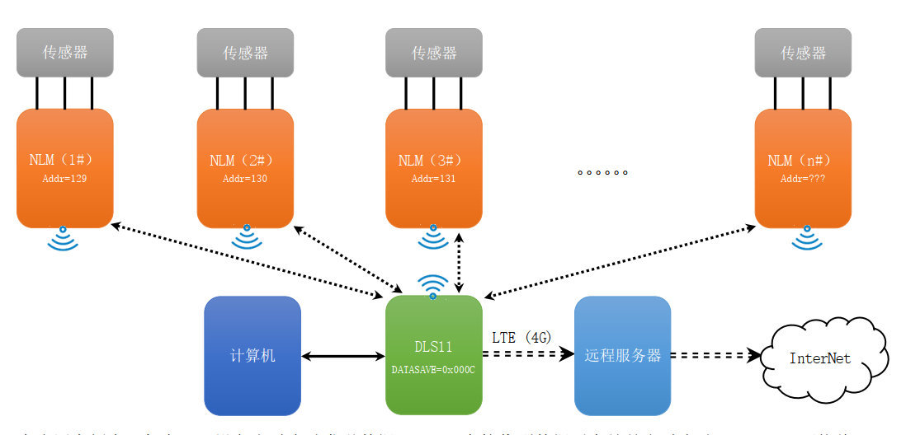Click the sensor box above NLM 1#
[x=65, y=53]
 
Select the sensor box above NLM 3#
[x=434, y=53]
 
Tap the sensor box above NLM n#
[x=803, y=53]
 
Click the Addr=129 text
[x=65, y=178]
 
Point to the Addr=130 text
[x=245, y=178]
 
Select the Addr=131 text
[x=434, y=178]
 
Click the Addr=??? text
[x=803, y=178]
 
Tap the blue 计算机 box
[x=252, y=356]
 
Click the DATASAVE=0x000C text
[x=433, y=370]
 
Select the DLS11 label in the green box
[x=433, y=347]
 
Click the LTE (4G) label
[x=521, y=337]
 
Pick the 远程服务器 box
[x=623, y=356]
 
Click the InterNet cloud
[x=819, y=358]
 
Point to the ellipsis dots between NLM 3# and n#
[x=602, y=173]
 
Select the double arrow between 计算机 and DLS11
[x=343, y=357]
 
